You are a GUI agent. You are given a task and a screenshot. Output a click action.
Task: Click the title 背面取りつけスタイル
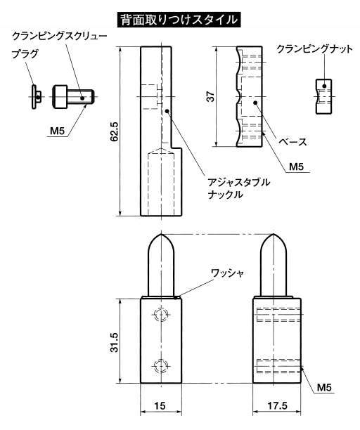tap(179, 20)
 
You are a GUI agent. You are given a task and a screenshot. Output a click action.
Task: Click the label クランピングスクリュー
tap(60, 36)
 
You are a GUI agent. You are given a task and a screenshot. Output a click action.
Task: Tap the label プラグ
tap(25, 54)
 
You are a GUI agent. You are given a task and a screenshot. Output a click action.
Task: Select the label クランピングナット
tap(314, 49)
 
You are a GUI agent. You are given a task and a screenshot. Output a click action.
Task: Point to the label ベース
tap(292, 141)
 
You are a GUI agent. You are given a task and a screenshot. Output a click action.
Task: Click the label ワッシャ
tap(227, 273)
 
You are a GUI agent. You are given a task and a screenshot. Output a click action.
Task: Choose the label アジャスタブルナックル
tap(239, 188)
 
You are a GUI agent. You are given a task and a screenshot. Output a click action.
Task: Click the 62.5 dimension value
tap(114, 131)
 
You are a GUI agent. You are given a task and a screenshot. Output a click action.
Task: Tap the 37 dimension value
tap(211, 96)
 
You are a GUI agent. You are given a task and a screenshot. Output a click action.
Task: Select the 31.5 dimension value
tap(114, 342)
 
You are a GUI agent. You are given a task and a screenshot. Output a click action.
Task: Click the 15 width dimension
tap(160, 405)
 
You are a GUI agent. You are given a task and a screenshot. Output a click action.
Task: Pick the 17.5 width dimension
tap(277, 405)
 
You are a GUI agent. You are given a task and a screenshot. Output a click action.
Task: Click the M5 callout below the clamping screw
tap(58, 131)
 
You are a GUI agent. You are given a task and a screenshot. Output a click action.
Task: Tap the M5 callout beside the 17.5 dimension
tap(324, 388)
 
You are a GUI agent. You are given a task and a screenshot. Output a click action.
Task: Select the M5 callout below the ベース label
tap(297, 167)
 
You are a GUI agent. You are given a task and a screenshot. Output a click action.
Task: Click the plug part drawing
tap(36, 97)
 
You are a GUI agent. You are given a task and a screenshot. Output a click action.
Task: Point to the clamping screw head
tap(60, 97)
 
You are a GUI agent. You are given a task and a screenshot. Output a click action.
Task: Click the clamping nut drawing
tap(323, 96)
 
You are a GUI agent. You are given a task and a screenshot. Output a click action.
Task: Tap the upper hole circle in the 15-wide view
tap(160, 314)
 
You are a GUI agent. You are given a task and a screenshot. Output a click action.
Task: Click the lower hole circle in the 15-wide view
tap(160, 366)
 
